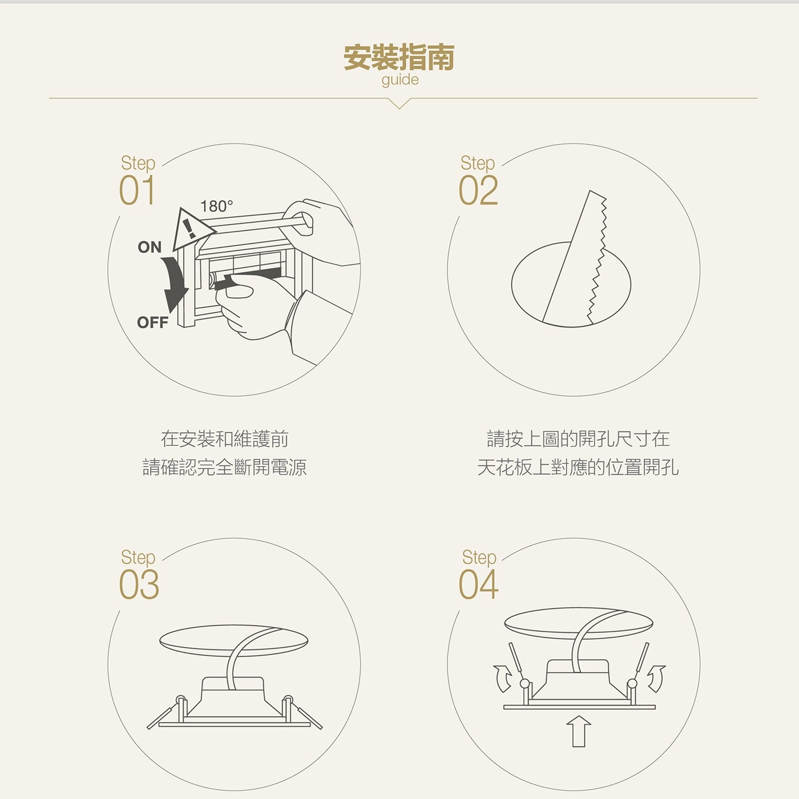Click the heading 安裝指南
coord(399,58)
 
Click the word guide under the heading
coord(399,79)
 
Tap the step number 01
coord(137,190)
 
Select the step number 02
coord(478,190)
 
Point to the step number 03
coord(139,584)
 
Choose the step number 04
coord(478,584)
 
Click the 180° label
coord(216,206)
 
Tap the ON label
coord(150,247)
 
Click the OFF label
coord(152,322)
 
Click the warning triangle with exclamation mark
coord(190,229)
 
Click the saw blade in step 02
coord(574,257)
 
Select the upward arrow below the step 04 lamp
coord(578,731)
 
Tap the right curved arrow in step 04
coord(658,679)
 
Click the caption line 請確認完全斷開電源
coord(224,467)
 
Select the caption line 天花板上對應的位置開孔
coord(578,467)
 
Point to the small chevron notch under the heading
coord(399,103)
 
